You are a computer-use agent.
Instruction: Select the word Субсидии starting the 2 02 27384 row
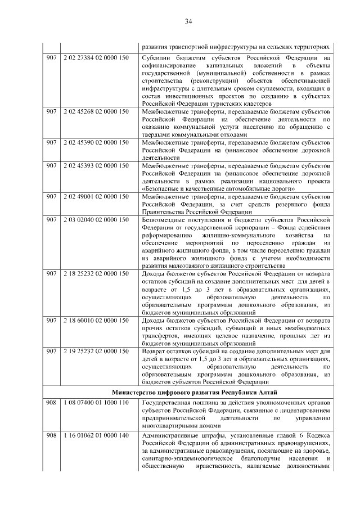click(x=156, y=58)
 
